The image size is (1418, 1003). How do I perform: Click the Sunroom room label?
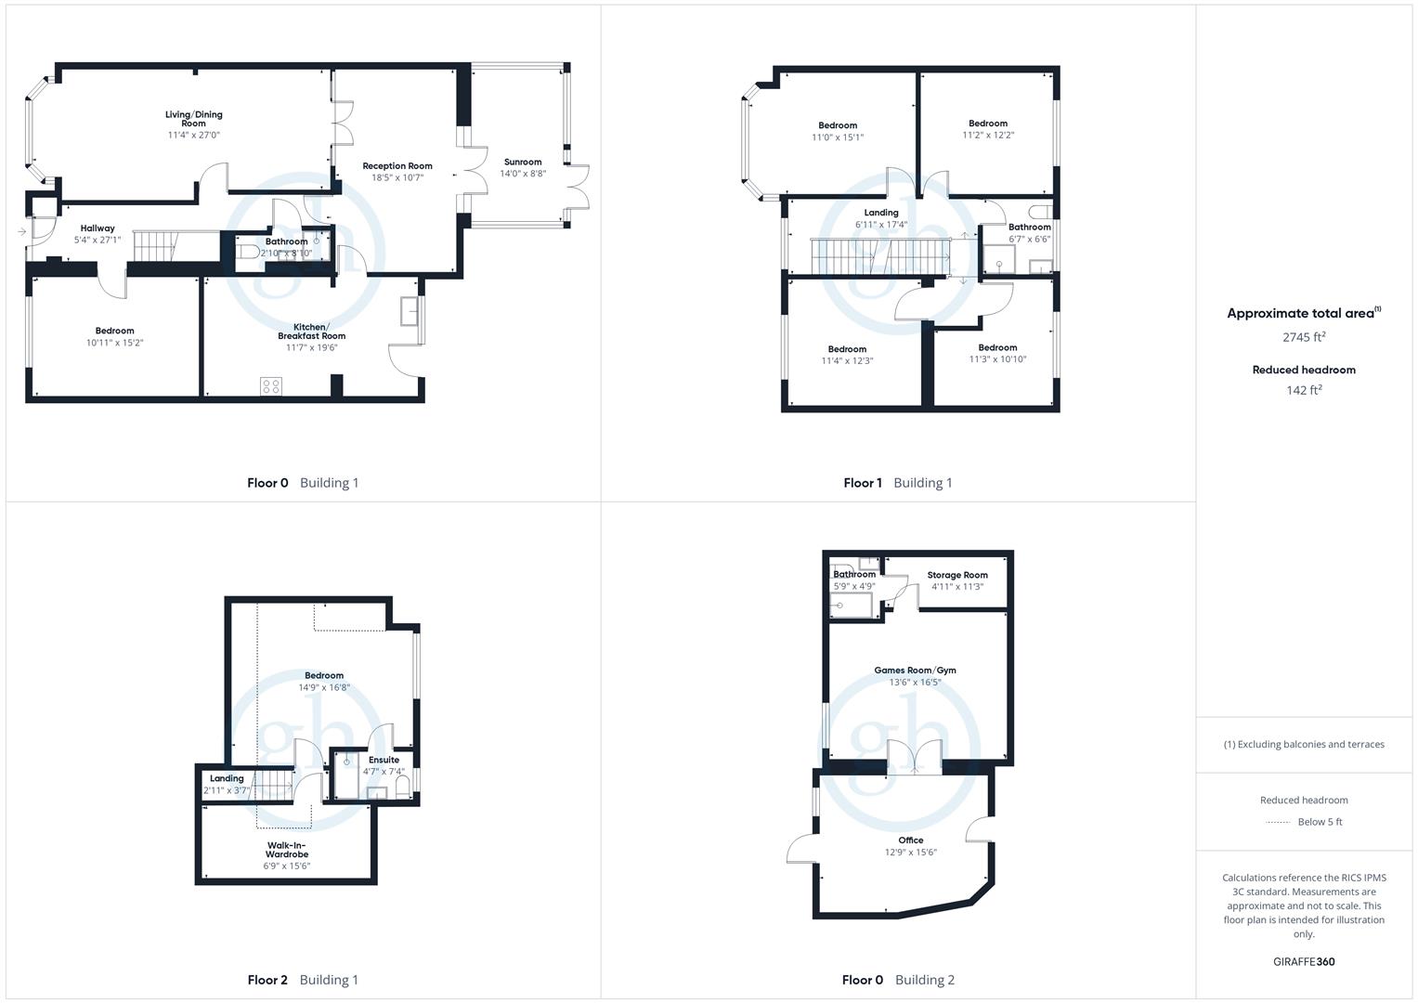(x=522, y=163)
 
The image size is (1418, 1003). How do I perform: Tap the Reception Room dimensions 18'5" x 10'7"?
(x=397, y=178)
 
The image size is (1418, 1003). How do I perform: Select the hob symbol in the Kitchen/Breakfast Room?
(x=271, y=386)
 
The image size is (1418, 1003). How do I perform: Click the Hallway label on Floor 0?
(x=98, y=228)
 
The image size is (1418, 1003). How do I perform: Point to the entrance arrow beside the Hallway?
(x=22, y=232)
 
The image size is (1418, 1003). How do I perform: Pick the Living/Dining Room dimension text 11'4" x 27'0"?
(x=194, y=135)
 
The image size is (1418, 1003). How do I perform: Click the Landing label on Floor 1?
(x=881, y=213)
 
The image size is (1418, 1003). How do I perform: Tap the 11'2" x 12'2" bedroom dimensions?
(x=988, y=135)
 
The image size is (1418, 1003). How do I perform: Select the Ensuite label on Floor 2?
(x=384, y=760)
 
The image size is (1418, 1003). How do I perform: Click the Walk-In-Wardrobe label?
(x=287, y=850)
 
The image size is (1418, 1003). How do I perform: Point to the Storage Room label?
(x=957, y=575)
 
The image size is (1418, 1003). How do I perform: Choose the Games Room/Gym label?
(x=915, y=670)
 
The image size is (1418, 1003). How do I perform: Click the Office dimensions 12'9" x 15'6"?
(x=911, y=853)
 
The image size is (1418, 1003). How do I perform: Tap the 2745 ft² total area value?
(x=1304, y=337)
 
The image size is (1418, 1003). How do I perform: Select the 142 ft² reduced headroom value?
(x=1304, y=390)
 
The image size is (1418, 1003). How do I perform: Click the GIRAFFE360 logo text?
(x=1304, y=962)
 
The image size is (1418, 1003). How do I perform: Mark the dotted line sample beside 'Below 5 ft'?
(x=1278, y=823)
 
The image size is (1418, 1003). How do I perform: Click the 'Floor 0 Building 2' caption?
(x=898, y=980)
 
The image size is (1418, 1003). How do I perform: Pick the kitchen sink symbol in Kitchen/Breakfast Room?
(x=410, y=311)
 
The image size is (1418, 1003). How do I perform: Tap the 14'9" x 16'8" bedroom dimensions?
(x=324, y=687)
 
